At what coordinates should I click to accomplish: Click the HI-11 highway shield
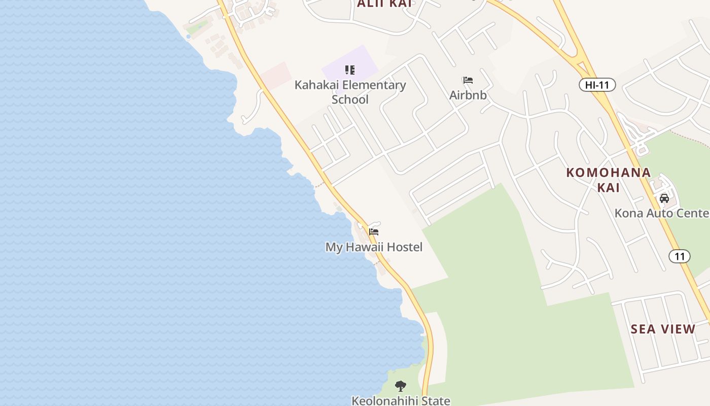point(597,85)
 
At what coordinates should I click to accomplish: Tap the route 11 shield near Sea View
point(679,256)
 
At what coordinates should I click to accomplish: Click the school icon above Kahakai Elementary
point(349,70)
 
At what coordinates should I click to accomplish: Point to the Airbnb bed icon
point(468,80)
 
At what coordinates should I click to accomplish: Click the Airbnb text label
point(468,95)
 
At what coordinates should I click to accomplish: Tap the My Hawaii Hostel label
point(374,247)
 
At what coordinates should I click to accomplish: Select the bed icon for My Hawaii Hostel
point(374,232)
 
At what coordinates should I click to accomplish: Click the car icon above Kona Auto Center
point(664,198)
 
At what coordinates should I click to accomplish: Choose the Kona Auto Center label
point(661,213)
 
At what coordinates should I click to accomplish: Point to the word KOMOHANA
point(608,173)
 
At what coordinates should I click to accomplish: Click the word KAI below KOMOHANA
point(608,188)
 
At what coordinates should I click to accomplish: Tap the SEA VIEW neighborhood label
point(663,329)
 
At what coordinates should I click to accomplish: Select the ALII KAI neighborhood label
point(384,4)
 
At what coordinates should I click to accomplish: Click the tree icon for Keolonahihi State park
point(401,386)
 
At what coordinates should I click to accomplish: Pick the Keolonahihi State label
point(401,400)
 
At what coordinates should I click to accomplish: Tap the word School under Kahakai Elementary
point(350,99)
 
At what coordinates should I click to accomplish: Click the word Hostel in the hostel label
point(403,247)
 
